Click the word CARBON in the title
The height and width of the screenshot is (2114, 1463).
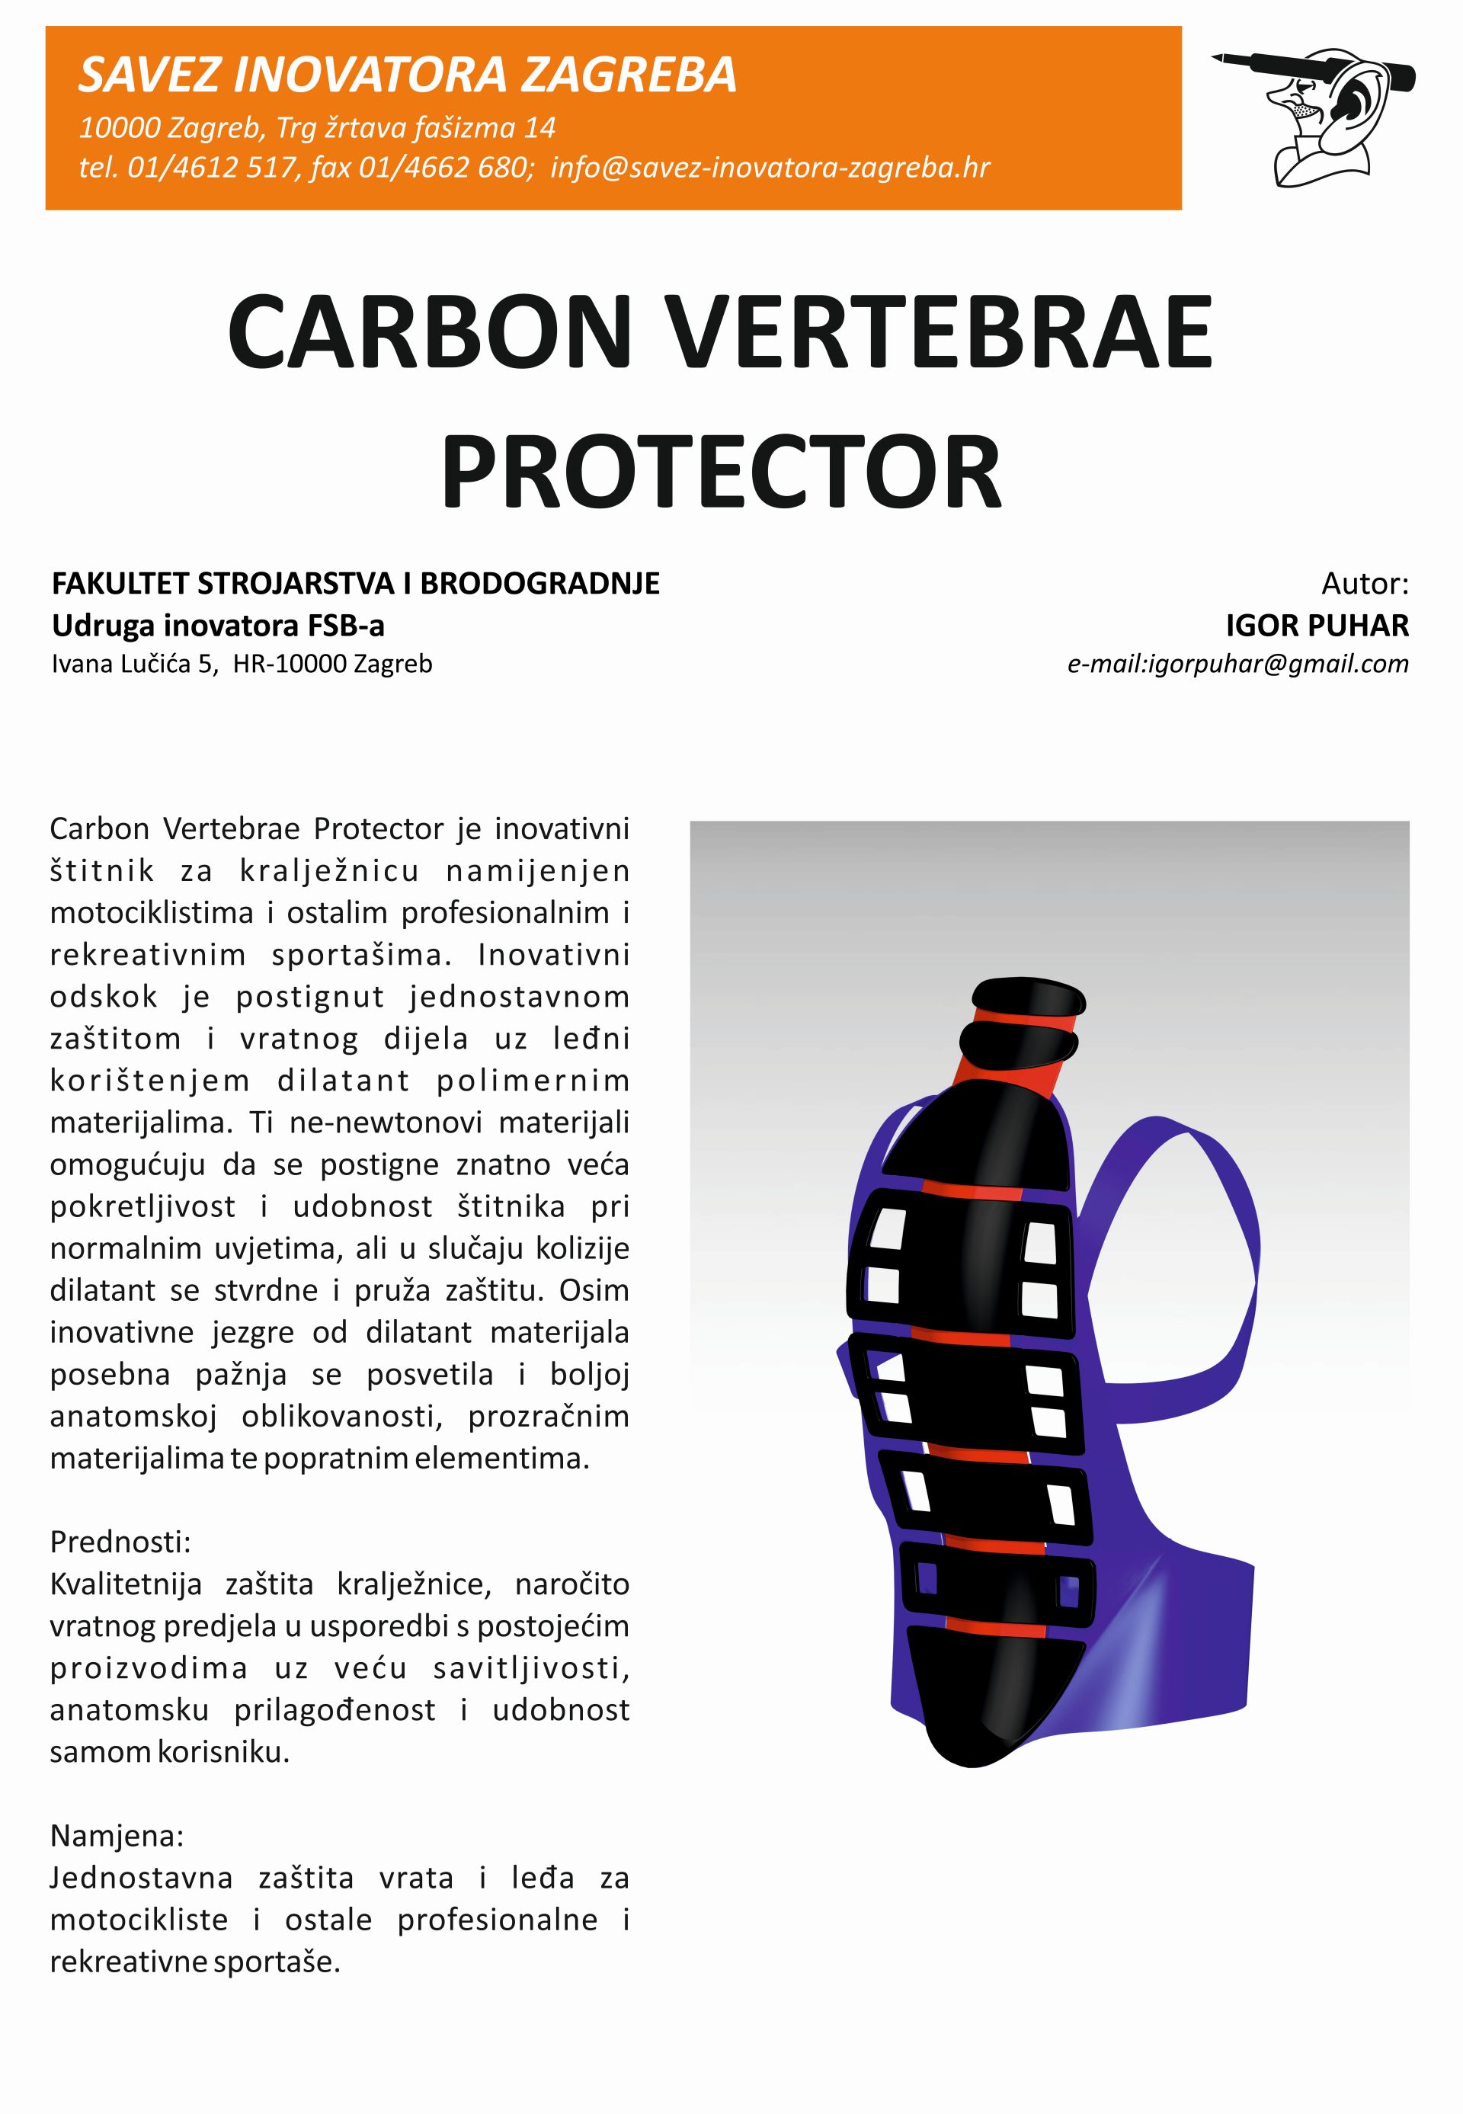click(430, 332)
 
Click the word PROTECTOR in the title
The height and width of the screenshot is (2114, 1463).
click(722, 473)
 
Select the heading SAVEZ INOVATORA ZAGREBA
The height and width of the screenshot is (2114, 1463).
click(407, 75)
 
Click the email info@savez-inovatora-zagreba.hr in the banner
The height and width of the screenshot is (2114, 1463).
click(770, 168)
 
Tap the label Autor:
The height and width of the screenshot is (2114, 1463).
click(1364, 583)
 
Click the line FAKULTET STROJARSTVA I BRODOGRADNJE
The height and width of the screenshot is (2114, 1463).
click(356, 583)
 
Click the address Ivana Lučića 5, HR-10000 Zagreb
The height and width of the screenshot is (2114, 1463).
click(242, 664)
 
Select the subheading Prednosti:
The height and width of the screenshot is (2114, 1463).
click(120, 1542)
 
